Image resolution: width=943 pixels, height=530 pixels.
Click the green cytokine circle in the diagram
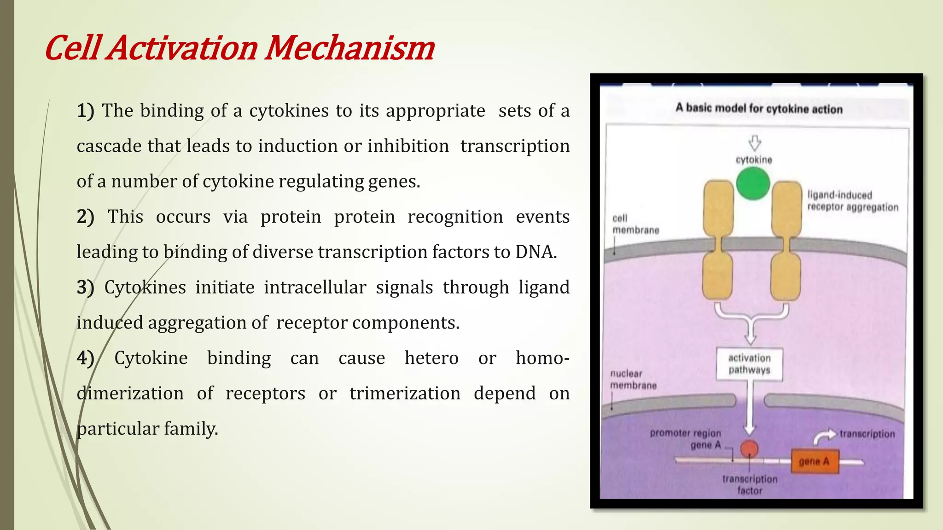pos(753,184)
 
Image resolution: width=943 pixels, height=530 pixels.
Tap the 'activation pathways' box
pos(749,364)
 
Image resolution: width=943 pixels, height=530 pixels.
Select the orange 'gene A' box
pos(814,461)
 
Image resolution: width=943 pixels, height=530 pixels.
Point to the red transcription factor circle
pos(749,449)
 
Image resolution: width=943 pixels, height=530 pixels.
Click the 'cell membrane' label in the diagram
pos(635,224)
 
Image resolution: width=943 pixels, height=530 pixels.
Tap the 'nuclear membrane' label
pos(633,380)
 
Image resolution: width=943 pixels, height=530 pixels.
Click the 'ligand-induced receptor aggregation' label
pos(852,201)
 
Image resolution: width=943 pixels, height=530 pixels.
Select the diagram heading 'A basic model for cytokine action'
pos(759,109)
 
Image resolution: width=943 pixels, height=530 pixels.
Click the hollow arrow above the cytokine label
pos(754,143)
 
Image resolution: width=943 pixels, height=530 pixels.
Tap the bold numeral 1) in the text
pos(85,111)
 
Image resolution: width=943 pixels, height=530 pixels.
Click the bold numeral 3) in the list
pos(85,288)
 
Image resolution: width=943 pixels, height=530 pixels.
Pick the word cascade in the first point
pos(109,146)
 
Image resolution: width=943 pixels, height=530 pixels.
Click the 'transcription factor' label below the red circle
pos(749,484)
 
